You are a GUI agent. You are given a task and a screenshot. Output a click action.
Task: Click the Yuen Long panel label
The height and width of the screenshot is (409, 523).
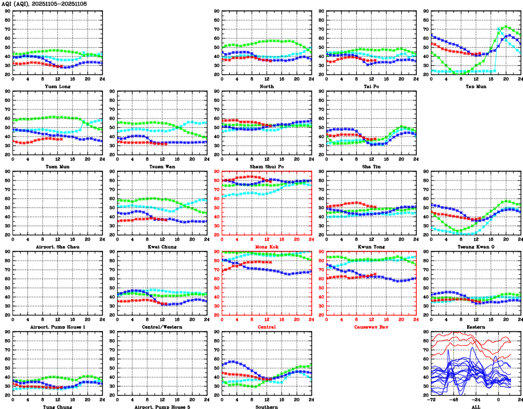[57, 86]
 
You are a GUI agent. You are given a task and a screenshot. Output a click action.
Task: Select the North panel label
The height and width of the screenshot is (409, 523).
[267, 86]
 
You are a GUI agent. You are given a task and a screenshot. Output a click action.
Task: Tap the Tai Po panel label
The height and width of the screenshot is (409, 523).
[371, 86]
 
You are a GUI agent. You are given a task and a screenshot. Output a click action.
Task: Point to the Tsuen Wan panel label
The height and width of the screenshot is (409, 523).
[162, 166]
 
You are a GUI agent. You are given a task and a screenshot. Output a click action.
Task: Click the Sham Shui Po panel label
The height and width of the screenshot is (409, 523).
[267, 166]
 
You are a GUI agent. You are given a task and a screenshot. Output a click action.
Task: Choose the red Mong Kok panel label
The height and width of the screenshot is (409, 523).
[267, 246]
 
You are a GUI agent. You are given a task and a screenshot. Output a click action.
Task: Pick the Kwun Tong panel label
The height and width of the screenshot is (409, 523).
[371, 246]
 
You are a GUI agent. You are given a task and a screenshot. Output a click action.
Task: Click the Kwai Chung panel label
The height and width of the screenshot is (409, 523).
[162, 246]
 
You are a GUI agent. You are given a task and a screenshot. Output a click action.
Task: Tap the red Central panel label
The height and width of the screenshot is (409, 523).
[267, 327]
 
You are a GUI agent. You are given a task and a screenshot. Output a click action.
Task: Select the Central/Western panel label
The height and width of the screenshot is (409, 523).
[162, 327]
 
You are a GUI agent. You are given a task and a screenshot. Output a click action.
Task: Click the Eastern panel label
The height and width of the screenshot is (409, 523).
[476, 327]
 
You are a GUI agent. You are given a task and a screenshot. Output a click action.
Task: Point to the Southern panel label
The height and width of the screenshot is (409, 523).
[267, 407]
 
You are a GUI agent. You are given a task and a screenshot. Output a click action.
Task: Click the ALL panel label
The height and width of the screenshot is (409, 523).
[476, 407]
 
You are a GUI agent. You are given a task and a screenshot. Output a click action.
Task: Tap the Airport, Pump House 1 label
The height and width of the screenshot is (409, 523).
[57, 327]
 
